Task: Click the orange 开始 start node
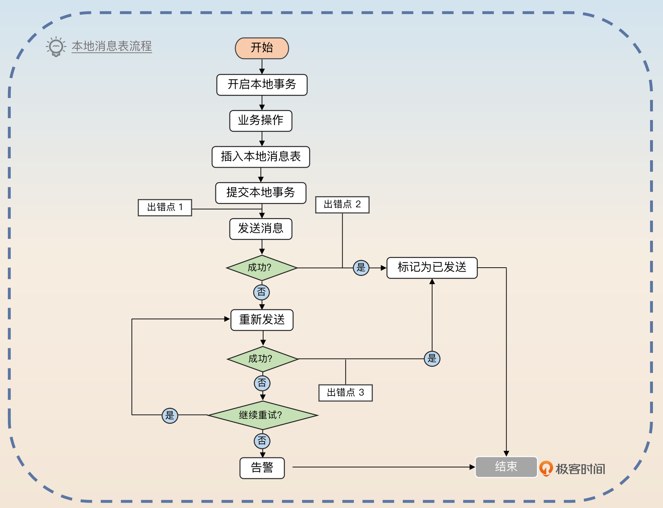[262, 48]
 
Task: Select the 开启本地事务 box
[262, 85]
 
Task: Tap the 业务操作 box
[261, 121]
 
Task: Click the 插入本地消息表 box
[261, 157]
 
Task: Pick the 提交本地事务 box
[261, 193]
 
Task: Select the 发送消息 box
[261, 229]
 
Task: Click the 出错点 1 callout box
[165, 208]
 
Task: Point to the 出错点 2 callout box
[342, 205]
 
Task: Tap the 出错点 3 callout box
[345, 393]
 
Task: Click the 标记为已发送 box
[432, 268]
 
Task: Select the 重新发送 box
[262, 320]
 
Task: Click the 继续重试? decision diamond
[262, 415]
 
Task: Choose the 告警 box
[262, 468]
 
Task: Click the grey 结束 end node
[506, 467]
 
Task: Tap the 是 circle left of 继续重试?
[170, 416]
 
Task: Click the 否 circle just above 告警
[262, 441]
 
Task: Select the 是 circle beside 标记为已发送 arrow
[361, 268]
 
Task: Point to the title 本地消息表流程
[111, 46]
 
